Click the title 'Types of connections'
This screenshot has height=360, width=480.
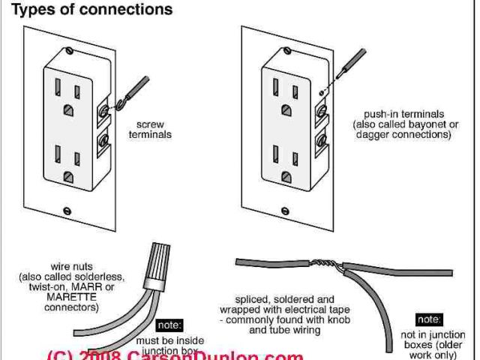click(88, 10)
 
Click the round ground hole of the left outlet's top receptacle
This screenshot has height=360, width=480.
click(70, 109)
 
